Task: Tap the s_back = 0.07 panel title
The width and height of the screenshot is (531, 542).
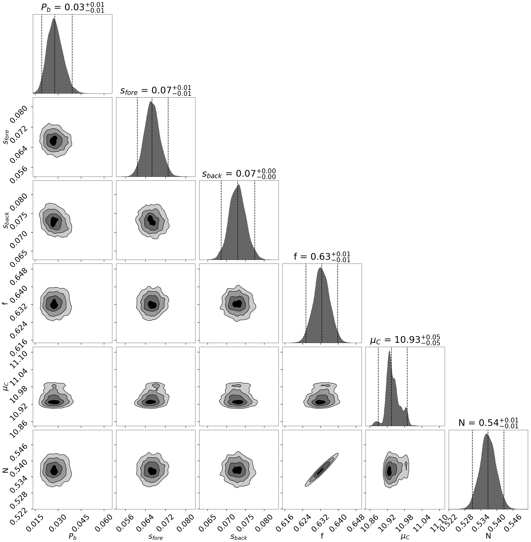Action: point(239,174)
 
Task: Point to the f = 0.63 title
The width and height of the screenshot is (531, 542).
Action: point(322,257)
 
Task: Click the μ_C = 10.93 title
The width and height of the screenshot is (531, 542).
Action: point(405,340)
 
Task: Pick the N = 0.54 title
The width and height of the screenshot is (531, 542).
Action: point(488,423)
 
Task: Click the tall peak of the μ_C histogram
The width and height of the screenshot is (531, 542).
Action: point(389,353)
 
